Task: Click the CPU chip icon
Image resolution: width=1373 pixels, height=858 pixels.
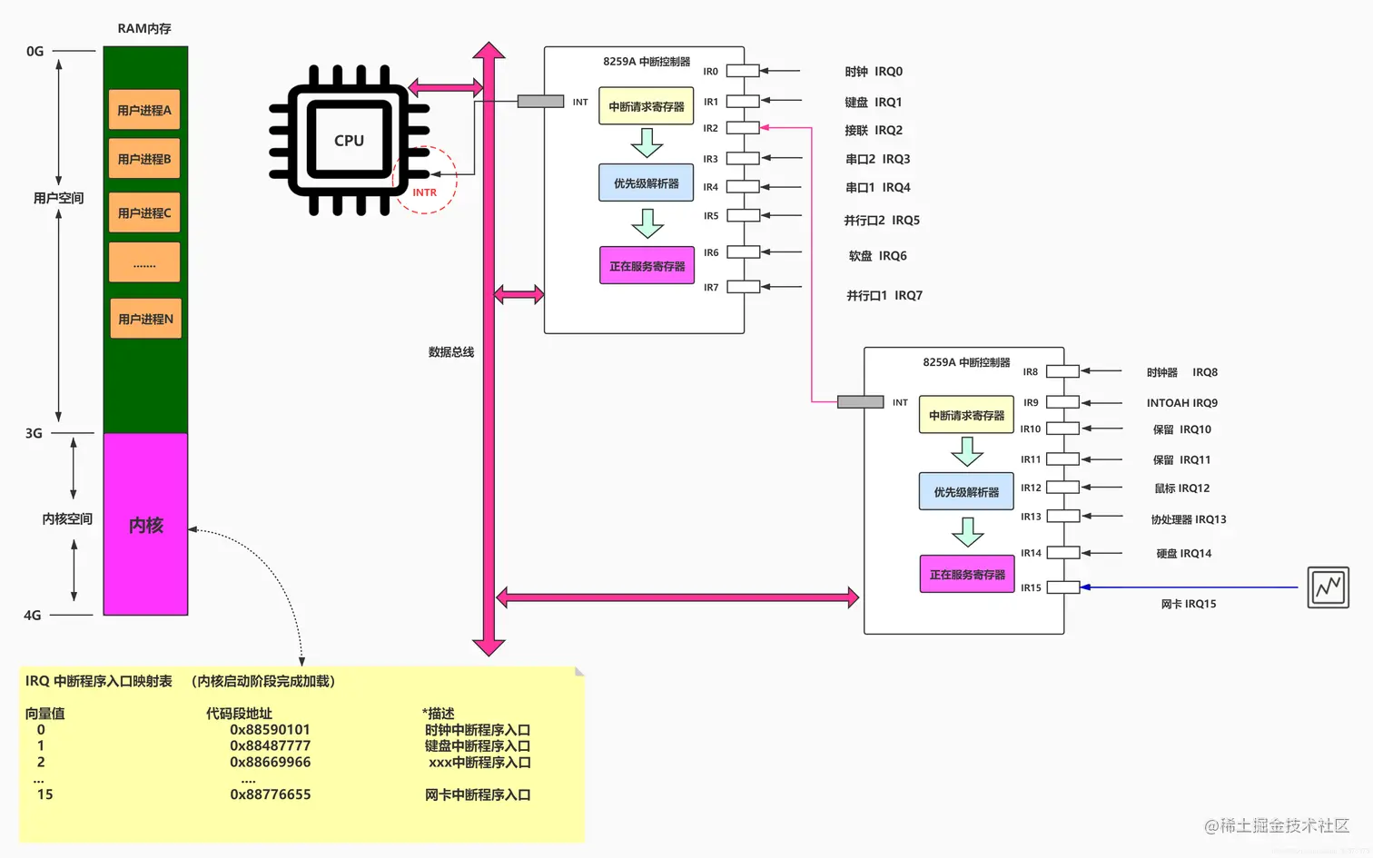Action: pos(350,140)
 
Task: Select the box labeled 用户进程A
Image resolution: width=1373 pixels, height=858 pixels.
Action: pos(144,110)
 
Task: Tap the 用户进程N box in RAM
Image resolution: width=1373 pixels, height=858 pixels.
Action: pos(145,319)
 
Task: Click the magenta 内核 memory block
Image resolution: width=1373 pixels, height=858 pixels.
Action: pos(145,525)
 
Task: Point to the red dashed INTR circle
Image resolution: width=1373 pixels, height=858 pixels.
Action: pos(425,180)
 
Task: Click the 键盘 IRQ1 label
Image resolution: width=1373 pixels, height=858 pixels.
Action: pos(873,102)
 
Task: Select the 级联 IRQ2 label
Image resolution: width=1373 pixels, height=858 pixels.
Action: pos(873,130)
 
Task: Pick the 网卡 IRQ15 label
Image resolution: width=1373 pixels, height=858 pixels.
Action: pos(1188,604)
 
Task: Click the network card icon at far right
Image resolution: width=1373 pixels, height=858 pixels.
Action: pos(1328,587)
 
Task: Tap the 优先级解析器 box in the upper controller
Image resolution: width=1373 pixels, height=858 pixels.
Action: pos(646,183)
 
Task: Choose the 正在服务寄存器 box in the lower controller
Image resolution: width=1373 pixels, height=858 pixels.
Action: pos(967,575)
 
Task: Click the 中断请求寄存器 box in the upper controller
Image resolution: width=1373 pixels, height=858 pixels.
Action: pos(646,106)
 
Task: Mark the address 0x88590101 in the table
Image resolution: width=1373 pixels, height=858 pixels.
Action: pos(270,730)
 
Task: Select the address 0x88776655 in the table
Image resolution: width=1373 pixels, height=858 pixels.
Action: pos(270,794)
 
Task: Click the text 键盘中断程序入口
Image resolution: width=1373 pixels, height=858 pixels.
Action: pos(477,746)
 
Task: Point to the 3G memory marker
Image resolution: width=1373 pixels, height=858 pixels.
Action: pos(34,433)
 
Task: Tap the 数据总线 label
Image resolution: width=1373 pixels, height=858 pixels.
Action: pos(451,352)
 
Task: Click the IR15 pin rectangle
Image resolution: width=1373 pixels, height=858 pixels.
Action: pos(1062,587)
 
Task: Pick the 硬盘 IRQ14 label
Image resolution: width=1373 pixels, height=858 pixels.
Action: pos(1183,553)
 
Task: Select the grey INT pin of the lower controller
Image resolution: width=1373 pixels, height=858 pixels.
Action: pos(860,402)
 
